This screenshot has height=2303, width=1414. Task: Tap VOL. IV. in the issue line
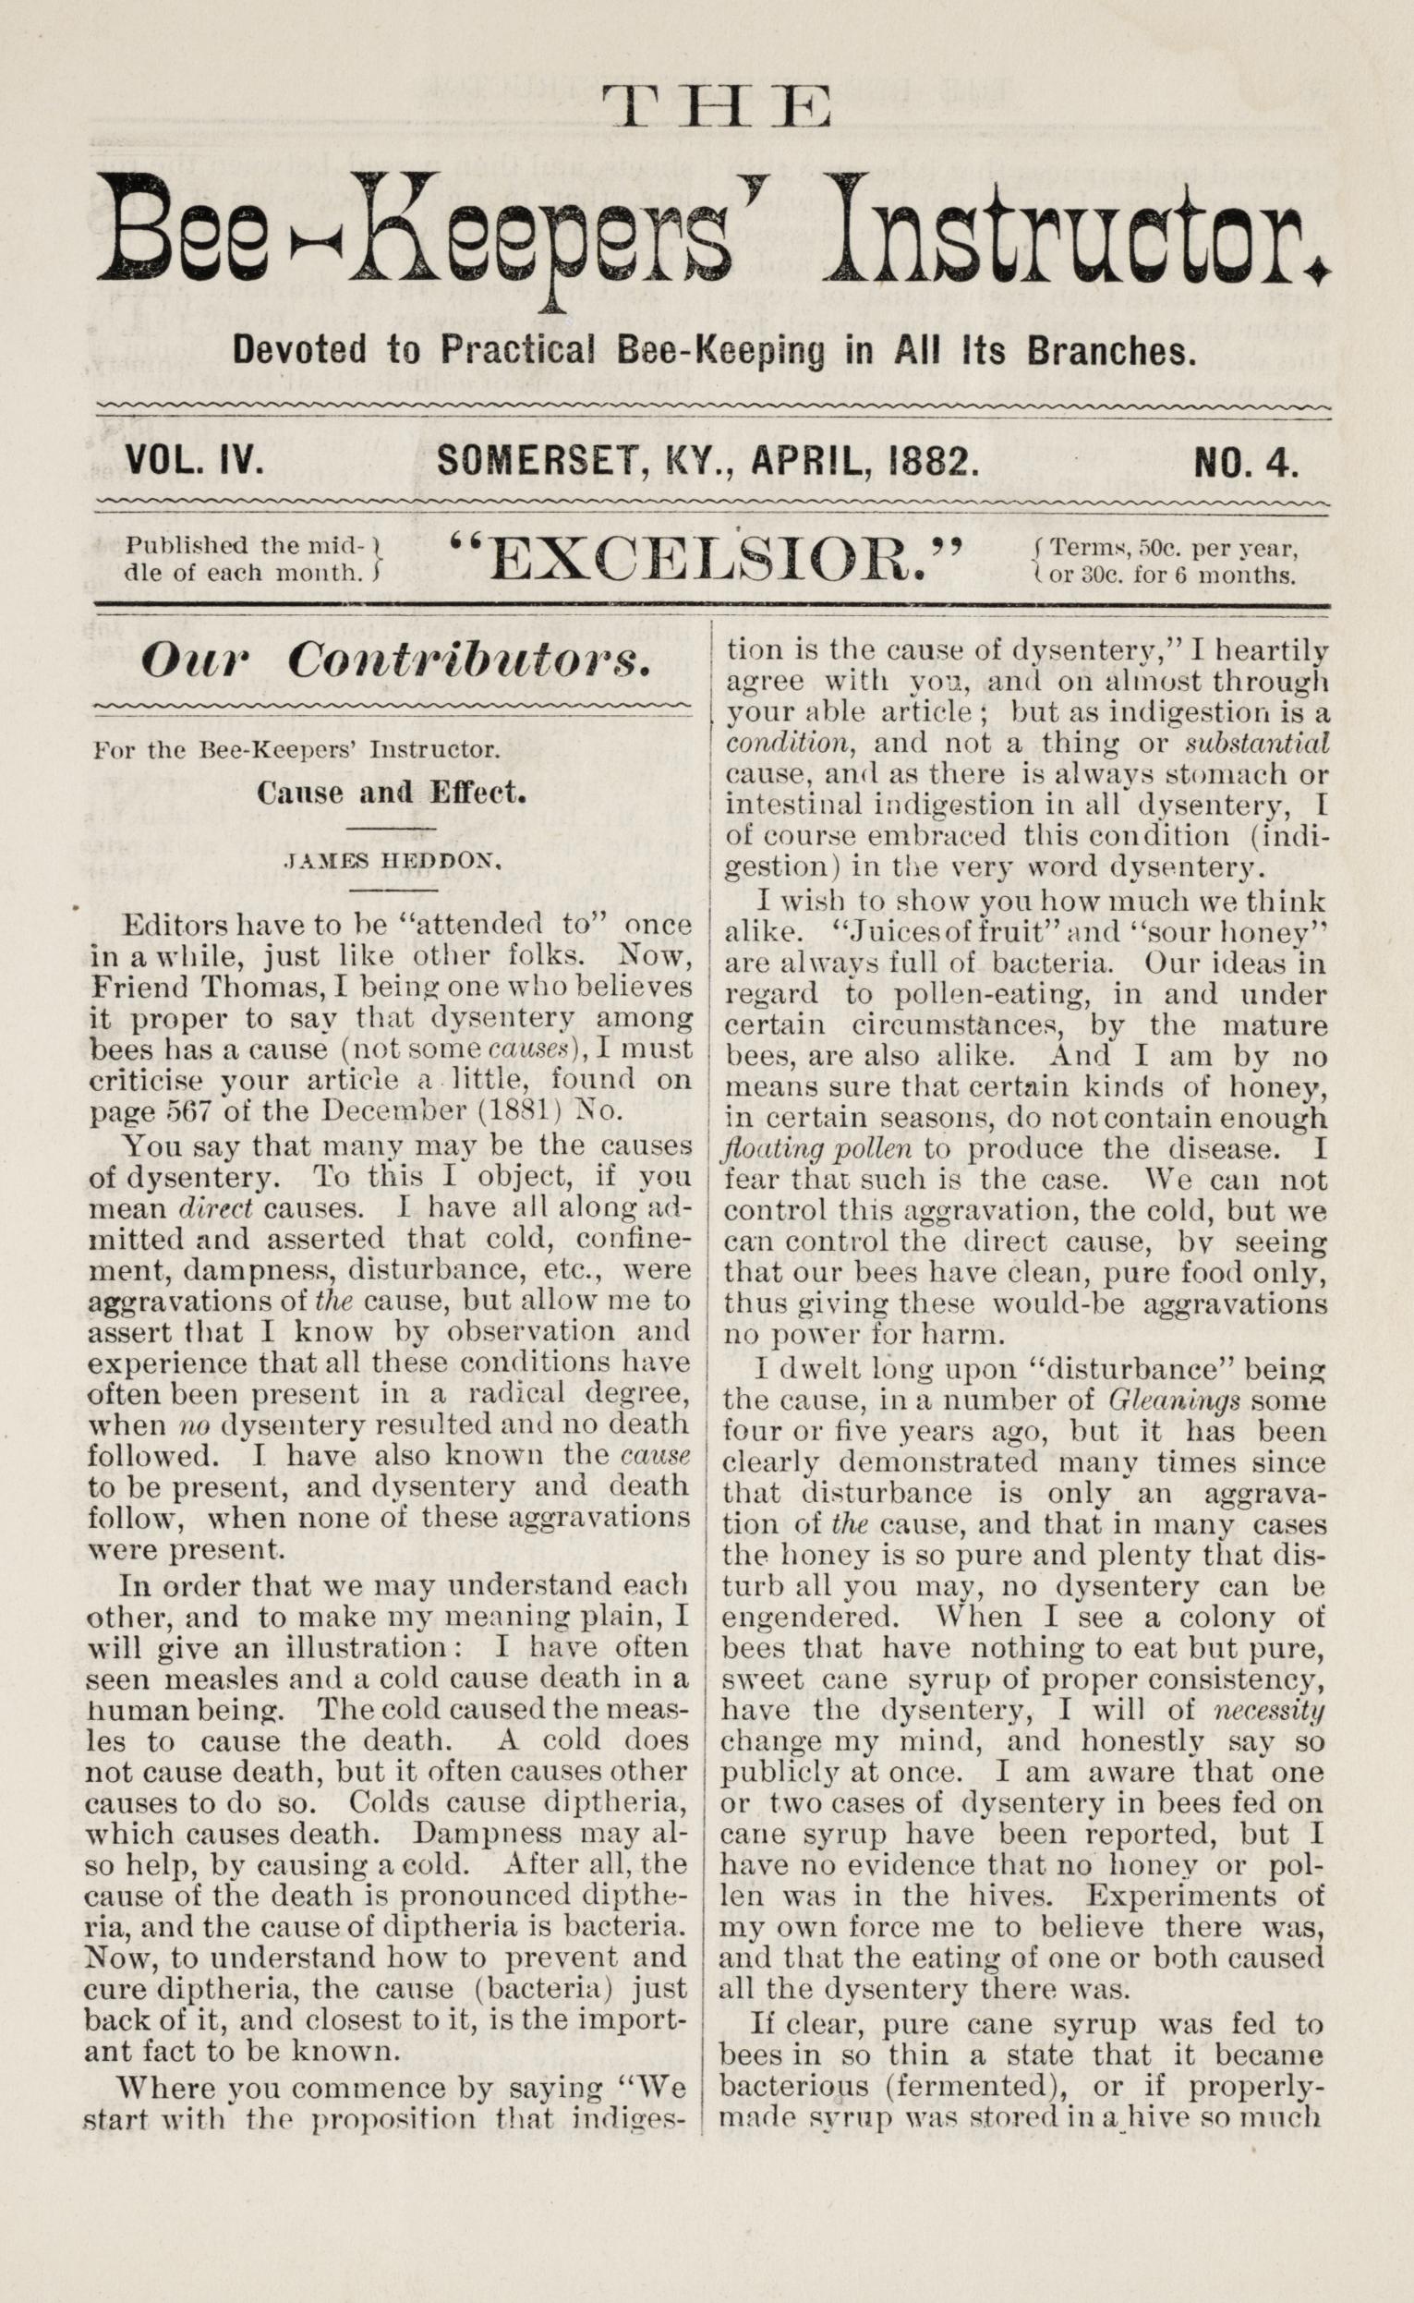[194, 462]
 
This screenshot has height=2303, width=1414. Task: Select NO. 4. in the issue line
[1247, 463]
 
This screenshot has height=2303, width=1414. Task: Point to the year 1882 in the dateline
[937, 462]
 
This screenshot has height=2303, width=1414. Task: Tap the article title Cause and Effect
[393, 794]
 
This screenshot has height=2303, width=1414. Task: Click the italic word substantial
[1256, 743]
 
